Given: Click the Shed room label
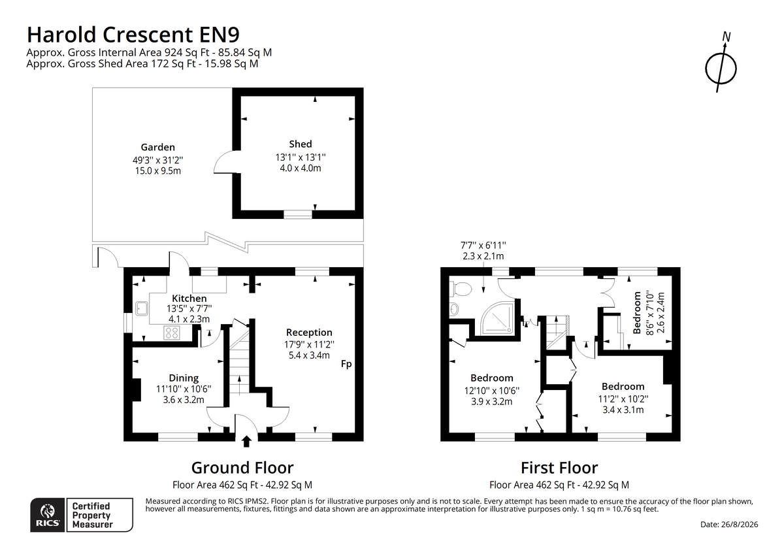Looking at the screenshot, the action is pyautogui.click(x=301, y=144).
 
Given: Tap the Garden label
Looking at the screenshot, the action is pyautogui.click(x=158, y=148).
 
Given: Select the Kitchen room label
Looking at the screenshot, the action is pyautogui.click(x=189, y=298).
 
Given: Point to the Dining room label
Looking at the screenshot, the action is pyautogui.click(x=184, y=378).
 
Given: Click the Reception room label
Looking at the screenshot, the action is pyautogui.click(x=309, y=333).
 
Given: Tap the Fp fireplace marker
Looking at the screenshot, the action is pyautogui.click(x=346, y=365).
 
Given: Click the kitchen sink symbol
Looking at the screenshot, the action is pyautogui.click(x=142, y=308).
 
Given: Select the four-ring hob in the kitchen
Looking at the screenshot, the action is pyautogui.click(x=172, y=333).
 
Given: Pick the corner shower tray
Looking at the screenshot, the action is pyautogui.click(x=497, y=318).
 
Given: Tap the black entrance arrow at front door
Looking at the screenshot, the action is pyautogui.click(x=246, y=441).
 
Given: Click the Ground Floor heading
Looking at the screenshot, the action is pyautogui.click(x=242, y=468).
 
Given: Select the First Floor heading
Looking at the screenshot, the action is pyautogui.click(x=559, y=468).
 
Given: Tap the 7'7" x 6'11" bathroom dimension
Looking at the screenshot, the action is pyautogui.click(x=483, y=246).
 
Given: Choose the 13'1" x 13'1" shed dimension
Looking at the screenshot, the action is pyautogui.click(x=301, y=157).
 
